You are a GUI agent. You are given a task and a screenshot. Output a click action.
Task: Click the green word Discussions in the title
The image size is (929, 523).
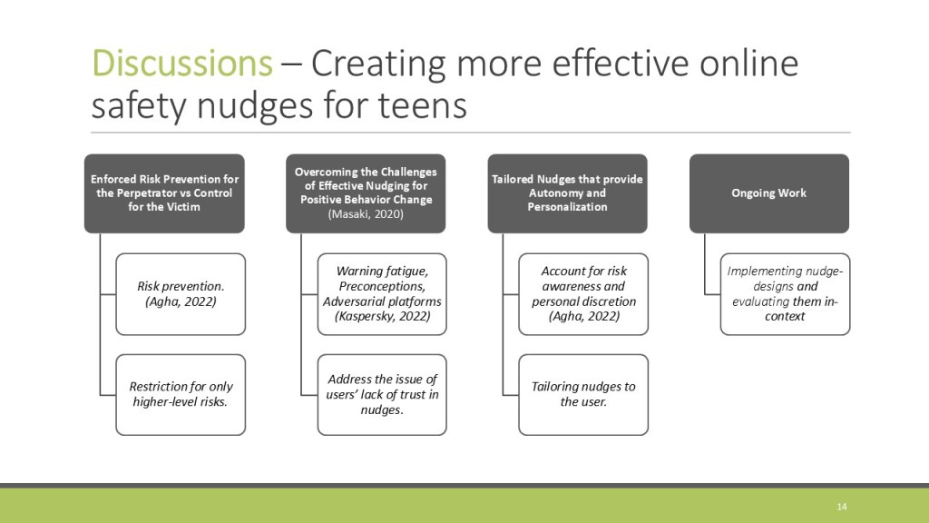[x=181, y=63]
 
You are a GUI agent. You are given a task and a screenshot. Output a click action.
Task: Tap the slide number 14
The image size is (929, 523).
[x=841, y=507]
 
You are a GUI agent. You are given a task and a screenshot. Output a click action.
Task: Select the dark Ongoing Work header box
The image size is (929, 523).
[x=769, y=193]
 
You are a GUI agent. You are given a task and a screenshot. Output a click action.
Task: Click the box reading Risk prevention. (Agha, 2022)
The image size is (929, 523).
[x=181, y=294]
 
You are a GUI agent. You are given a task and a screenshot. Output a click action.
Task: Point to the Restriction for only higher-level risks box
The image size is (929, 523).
[x=181, y=394]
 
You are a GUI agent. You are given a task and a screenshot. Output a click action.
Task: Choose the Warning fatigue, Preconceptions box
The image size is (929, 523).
[x=382, y=294]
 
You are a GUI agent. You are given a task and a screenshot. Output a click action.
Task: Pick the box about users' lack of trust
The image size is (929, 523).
[x=382, y=394]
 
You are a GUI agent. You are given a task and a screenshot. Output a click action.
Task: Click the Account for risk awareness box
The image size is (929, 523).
[x=583, y=294]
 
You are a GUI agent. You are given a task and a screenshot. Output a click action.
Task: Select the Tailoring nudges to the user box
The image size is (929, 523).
[x=583, y=394]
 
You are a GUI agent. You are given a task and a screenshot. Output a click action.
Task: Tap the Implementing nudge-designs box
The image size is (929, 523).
[x=785, y=294]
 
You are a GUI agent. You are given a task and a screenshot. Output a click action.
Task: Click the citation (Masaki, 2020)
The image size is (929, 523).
[x=366, y=214]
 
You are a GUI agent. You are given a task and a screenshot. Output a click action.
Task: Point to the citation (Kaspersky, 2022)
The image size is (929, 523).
[x=382, y=316]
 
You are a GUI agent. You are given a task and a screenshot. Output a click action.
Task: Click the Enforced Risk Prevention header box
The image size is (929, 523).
[x=164, y=193]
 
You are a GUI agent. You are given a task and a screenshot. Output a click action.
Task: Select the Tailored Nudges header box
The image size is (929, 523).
[x=568, y=193]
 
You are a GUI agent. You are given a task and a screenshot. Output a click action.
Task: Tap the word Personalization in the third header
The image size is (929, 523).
[x=568, y=207]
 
